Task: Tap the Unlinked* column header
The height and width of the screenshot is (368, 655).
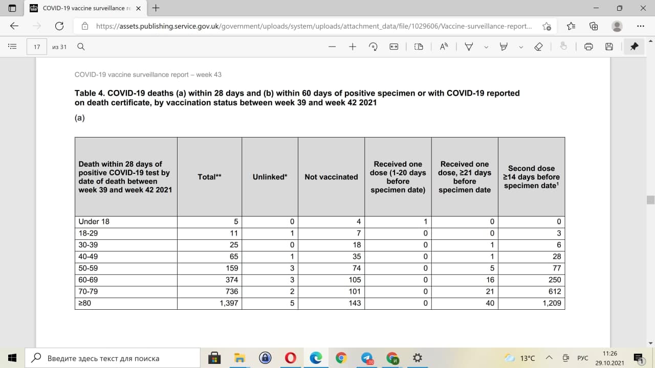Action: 270,177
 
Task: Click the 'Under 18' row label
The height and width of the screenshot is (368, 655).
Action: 94,221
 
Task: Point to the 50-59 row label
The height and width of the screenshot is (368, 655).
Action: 89,268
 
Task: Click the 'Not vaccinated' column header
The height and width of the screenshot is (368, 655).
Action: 331,177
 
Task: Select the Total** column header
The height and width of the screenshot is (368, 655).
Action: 209,177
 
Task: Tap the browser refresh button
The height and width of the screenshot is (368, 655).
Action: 59,26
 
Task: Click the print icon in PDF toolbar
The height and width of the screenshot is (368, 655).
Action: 588,47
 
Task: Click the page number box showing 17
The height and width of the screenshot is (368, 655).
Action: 37,47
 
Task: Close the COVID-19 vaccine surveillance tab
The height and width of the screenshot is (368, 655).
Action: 138,8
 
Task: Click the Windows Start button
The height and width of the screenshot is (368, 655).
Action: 13,358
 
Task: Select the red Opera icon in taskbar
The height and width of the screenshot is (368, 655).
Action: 290,358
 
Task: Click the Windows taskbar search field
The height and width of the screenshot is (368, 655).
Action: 113,358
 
